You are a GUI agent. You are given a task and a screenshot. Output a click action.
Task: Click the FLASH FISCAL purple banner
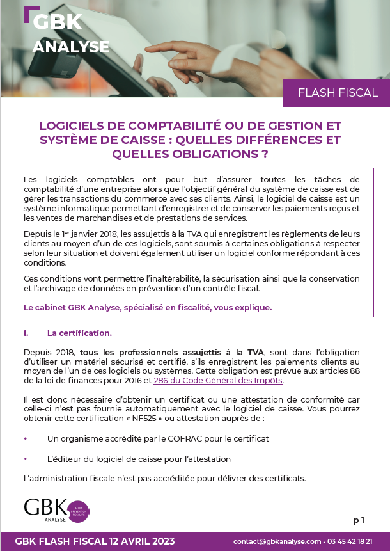[x=338, y=93]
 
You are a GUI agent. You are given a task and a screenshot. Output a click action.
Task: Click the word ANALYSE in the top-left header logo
[x=70, y=47]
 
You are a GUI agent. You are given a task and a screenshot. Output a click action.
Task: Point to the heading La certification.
[x=79, y=333]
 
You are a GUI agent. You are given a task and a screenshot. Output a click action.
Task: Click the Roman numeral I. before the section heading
[x=26, y=333]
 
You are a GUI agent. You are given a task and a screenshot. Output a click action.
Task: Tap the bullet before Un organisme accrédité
[x=26, y=439]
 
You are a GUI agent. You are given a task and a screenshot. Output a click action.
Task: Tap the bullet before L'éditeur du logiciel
[x=26, y=459]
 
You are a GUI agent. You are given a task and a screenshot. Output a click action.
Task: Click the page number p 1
[x=358, y=520]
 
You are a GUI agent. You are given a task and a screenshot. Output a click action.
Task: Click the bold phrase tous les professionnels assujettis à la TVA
[x=171, y=353]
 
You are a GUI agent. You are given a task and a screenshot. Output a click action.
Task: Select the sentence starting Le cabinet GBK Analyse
[x=148, y=307]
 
